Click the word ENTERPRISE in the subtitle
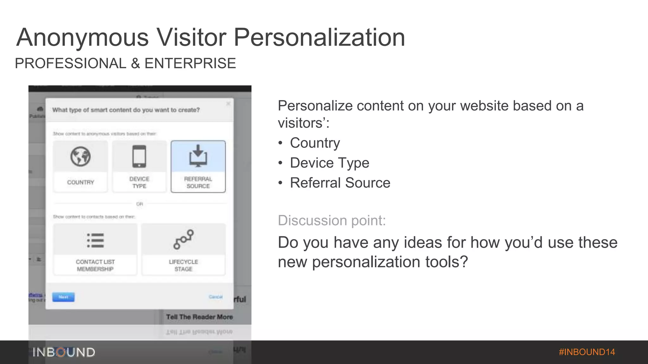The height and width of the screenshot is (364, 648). (x=190, y=64)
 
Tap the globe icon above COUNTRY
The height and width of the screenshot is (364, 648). (x=80, y=156)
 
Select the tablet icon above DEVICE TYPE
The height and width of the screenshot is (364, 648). (x=139, y=156)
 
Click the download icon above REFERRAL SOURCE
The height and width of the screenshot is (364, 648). (x=198, y=156)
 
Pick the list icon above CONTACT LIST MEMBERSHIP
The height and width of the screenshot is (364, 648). (x=95, y=240)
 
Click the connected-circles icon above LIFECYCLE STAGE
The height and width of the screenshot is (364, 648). (x=184, y=239)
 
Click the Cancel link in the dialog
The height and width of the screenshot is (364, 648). (x=215, y=297)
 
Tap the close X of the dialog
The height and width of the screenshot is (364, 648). (x=228, y=104)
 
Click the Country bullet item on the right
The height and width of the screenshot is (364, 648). (x=315, y=143)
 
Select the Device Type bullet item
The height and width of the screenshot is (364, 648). (x=329, y=163)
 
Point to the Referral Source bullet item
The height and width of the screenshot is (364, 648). (x=340, y=183)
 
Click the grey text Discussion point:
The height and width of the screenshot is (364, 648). (x=332, y=221)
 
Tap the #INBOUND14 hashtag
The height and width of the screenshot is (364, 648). (x=587, y=352)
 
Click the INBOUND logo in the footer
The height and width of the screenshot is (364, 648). (x=64, y=352)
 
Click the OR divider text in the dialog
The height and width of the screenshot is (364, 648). (x=140, y=204)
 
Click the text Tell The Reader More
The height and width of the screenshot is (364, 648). (x=199, y=317)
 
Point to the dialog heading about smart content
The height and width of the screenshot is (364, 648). (x=126, y=110)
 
